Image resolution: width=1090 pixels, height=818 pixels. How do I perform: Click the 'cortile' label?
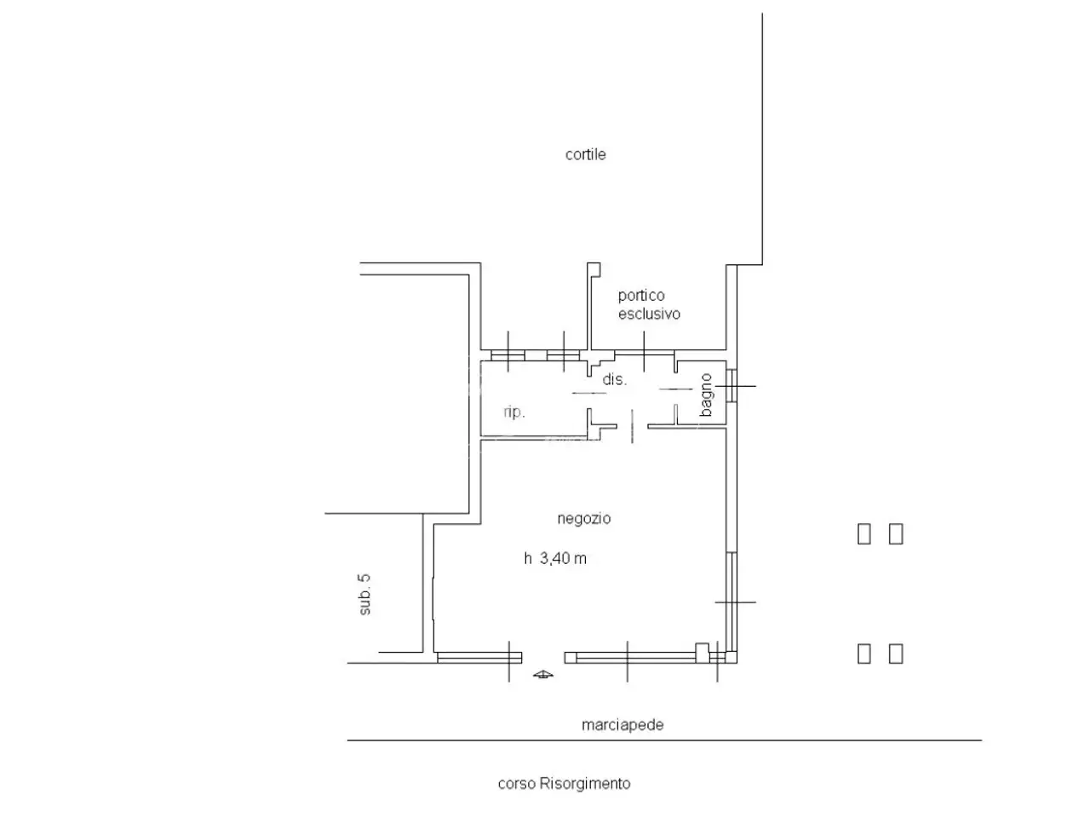(x=585, y=154)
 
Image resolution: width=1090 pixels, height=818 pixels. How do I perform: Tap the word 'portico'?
(x=640, y=296)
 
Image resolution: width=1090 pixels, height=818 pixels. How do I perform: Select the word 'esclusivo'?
(x=649, y=314)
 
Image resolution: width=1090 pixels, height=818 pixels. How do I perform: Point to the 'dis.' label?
(x=614, y=379)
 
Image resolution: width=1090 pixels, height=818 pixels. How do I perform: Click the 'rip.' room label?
(x=514, y=412)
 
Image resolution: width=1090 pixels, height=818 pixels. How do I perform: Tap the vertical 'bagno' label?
(x=706, y=395)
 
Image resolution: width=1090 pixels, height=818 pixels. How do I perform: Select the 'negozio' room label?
(x=583, y=519)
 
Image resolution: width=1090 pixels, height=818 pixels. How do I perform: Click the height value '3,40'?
(x=554, y=559)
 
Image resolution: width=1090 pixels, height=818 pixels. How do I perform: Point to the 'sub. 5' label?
(x=364, y=595)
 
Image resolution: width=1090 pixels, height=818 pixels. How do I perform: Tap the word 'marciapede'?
(x=622, y=725)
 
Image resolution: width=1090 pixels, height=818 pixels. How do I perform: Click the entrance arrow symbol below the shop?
(x=542, y=674)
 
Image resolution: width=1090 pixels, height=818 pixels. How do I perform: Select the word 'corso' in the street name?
(x=516, y=784)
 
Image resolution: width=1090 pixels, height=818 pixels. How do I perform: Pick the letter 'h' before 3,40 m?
(x=528, y=559)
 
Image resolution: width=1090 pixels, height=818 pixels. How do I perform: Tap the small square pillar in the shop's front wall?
(x=702, y=653)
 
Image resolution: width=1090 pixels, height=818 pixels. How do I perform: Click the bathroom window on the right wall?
(x=731, y=386)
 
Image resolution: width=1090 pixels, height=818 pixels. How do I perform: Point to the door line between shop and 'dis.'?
(x=632, y=426)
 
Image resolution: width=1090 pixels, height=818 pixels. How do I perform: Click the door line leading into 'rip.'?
(x=589, y=394)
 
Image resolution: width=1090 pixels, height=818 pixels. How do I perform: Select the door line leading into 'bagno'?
(x=676, y=389)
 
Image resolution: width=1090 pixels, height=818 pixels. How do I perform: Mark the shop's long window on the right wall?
(x=731, y=602)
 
